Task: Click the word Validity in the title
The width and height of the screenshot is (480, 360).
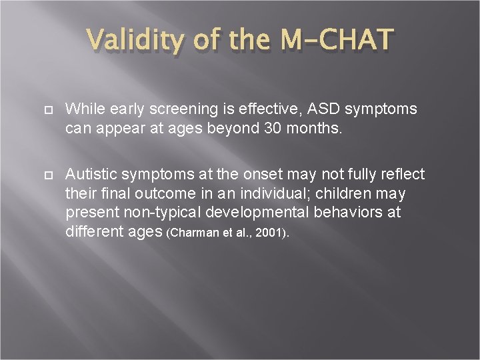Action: (138, 41)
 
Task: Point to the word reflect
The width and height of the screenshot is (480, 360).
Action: (402, 175)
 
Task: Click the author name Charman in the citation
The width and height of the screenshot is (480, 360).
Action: (198, 233)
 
